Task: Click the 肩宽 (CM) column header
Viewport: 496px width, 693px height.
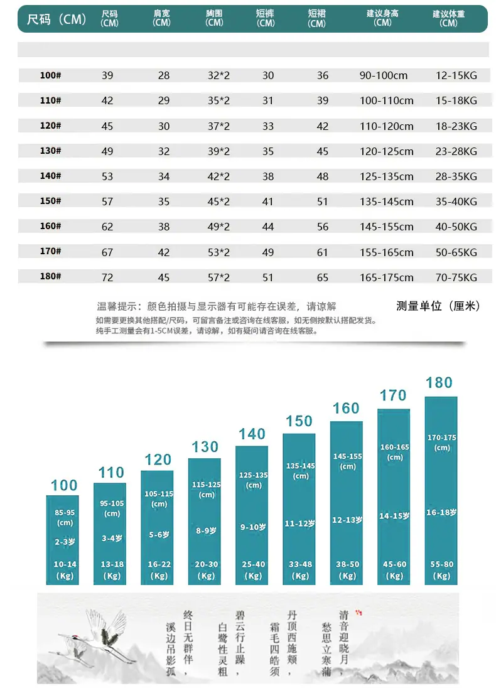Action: (x=161, y=18)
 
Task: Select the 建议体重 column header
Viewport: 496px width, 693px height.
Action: (x=448, y=18)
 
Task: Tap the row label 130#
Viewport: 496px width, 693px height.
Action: (x=50, y=151)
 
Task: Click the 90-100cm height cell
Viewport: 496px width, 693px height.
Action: (x=383, y=75)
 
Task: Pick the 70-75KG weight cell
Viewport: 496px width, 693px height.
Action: (x=456, y=277)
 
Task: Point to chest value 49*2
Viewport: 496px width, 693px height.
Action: (x=219, y=227)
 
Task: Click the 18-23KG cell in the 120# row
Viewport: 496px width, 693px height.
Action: (x=456, y=126)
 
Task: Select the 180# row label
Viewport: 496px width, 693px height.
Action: (x=50, y=276)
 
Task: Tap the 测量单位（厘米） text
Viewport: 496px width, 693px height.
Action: (x=438, y=306)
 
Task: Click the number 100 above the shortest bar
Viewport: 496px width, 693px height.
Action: (x=64, y=485)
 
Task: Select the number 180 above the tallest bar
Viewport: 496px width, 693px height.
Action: (x=439, y=383)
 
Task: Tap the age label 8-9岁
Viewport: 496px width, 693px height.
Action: (x=206, y=530)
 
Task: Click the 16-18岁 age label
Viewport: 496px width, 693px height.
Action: (x=441, y=512)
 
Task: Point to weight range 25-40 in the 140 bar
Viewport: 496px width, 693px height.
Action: (x=253, y=564)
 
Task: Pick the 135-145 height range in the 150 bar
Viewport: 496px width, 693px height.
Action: (x=301, y=466)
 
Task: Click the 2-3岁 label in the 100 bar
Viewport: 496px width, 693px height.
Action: (x=65, y=541)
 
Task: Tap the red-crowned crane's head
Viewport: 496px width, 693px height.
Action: (x=75, y=637)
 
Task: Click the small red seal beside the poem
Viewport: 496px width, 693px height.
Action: (x=359, y=613)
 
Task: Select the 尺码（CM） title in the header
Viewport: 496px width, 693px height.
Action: (x=56, y=19)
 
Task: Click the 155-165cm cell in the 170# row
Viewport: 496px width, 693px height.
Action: (x=386, y=252)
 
